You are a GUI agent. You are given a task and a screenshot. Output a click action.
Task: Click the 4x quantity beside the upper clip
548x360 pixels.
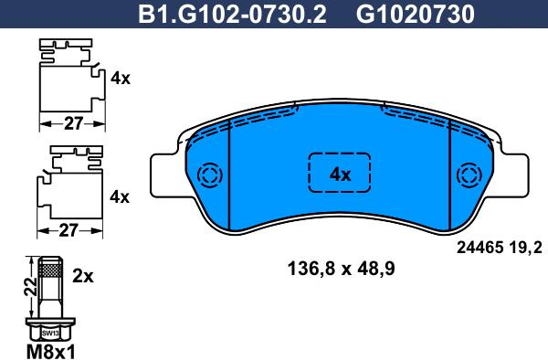[x=120, y=79]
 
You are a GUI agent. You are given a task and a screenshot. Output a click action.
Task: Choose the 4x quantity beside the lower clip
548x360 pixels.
[x=120, y=196]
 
